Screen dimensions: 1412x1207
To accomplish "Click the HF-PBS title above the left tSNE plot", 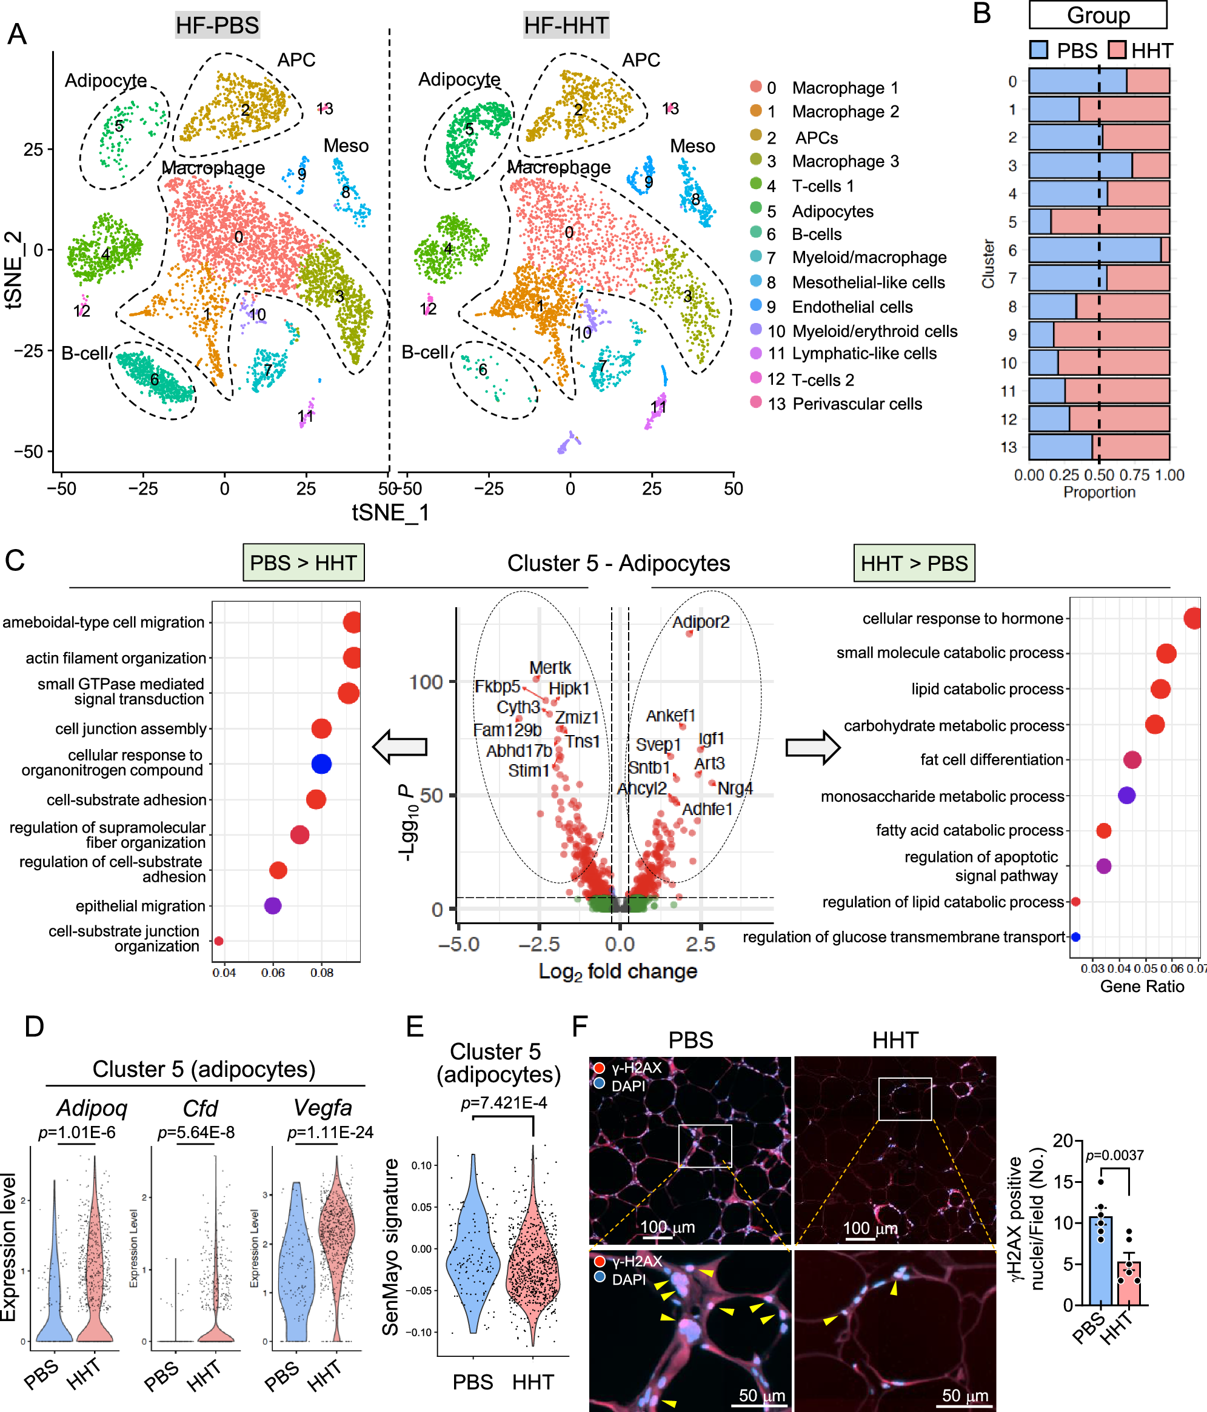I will pyautogui.click(x=218, y=25).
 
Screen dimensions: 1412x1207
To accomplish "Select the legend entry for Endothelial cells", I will pyautogui.click(x=852, y=307).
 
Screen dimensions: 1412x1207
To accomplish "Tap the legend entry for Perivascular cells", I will pyautogui.click(x=857, y=404).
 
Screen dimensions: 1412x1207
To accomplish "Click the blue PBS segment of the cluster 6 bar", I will pyautogui.click(x=1094, y=250).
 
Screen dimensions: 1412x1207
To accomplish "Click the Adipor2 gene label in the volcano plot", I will pyautogui.click(x=701, y=622).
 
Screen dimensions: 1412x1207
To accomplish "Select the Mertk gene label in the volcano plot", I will pyautogui.click(x=550, y=667).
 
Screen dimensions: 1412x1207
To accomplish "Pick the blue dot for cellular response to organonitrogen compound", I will pyautogui.click(x=321, y=764).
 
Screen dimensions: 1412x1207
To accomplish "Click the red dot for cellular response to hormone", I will pyautogui.click(x=1192, y=618).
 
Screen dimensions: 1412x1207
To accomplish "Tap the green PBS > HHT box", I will pyautogui.click(x=303, y=563).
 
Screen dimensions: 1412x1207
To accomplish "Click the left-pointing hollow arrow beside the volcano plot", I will pyautogui.click(x=401, y=747).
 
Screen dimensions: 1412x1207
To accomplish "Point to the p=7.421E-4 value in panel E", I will pyautogui.click(x=504, y=1102).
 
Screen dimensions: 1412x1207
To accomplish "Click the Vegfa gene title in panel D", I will pyautogui.click(x=323, y=1107).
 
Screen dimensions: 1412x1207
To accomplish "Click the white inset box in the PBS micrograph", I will pyautogui.click(x=704, y=1145).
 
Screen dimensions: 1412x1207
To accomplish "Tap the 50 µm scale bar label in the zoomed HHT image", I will pyautogui.click(x=965, y=1395).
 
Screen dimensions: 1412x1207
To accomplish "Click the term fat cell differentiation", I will pyautogui.click(x=991, y=759).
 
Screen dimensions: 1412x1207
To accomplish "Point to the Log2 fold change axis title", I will pyautogui.click(x=618, y=971).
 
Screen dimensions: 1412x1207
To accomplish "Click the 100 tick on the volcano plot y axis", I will pyautogui.click(x=426, y=682).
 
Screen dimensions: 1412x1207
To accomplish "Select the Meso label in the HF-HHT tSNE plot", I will pyautogui.click(x=692, y=146).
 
